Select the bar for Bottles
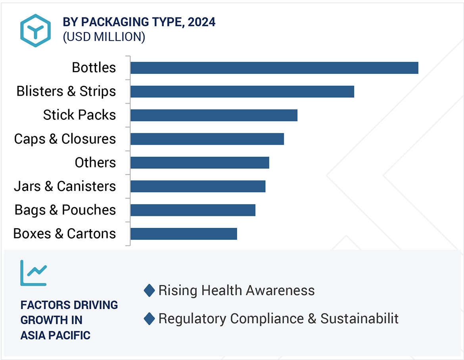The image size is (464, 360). tap(274, 68)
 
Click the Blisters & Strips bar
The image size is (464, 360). tap(242, 92)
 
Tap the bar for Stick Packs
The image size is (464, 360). tap(214, 116)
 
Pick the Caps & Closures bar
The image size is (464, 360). tap(207, 139)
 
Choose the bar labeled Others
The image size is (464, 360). tap(199, 163)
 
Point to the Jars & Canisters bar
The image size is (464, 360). tap(197, 186)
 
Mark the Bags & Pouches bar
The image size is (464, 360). tap(193, 210)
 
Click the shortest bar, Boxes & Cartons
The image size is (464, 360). tap(184, 234)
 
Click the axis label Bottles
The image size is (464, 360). tap(94, 67)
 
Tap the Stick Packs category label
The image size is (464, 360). tap(79, 115)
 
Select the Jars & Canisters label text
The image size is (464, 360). tap(65, 186)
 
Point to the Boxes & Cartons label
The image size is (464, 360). tap(65, 233)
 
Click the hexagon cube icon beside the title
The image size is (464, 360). tap(36, 31)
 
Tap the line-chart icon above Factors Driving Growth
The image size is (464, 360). tap(34, 273)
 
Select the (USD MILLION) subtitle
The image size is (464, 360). tap(104, 37)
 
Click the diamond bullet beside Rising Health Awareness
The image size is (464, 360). tap(149, 291)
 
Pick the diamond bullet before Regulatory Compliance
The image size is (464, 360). tap(149, 319)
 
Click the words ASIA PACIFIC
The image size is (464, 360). tap(55, 335)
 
